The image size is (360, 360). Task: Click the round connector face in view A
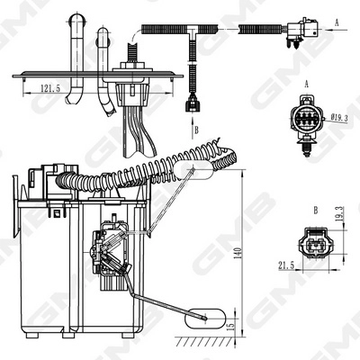[x=306, y=120]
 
